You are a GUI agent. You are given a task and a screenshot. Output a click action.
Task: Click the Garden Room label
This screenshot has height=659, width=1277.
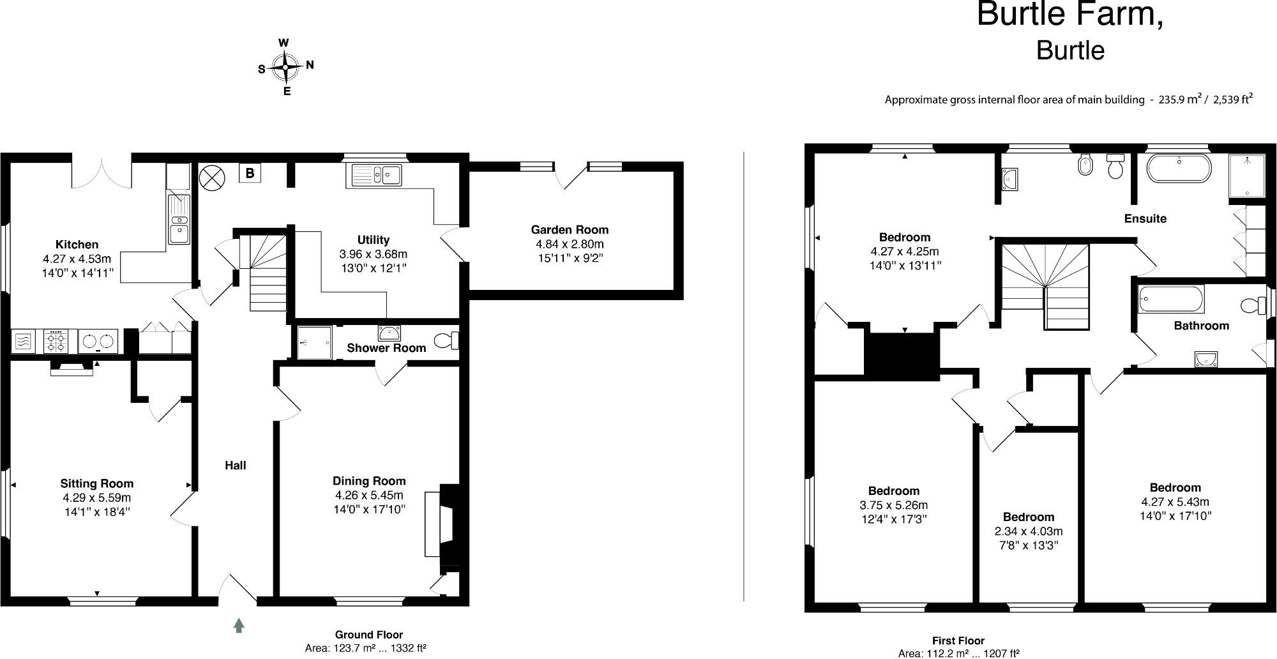click(x=570, y=230)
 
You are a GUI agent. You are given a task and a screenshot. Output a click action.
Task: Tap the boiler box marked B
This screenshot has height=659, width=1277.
click(x=250, y=173)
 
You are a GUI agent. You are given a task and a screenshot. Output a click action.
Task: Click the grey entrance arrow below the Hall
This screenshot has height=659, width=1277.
click(x=239, y=625)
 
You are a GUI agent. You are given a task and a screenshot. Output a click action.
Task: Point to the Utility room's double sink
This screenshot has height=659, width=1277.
click(x=375, y=174)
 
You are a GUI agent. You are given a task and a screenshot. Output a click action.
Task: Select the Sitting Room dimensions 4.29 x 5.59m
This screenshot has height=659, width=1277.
click(x=96, y=498)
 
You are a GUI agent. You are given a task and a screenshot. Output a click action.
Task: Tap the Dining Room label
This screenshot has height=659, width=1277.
click(x=369, y=481)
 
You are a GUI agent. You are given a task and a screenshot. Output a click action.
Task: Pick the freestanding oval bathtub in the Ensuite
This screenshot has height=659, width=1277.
click(x=1179, y=168)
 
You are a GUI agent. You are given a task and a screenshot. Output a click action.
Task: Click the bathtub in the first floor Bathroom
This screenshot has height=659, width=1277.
click(x=1171, y=299)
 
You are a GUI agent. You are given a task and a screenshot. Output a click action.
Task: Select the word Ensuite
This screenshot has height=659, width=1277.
click(x=1145, y=218)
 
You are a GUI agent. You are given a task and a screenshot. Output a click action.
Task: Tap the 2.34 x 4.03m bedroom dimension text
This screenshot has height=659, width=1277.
click(x=1028, y=531)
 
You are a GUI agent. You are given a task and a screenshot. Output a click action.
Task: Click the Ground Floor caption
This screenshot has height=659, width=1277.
click(x=368, y=635)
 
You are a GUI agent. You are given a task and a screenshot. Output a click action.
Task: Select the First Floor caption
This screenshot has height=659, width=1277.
click(x=958, y=640)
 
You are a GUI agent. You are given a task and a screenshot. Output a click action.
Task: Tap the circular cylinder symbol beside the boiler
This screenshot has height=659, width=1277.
click(x=212, y=177)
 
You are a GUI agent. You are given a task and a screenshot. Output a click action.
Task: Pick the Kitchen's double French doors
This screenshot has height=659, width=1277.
click(x=101, y=171)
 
